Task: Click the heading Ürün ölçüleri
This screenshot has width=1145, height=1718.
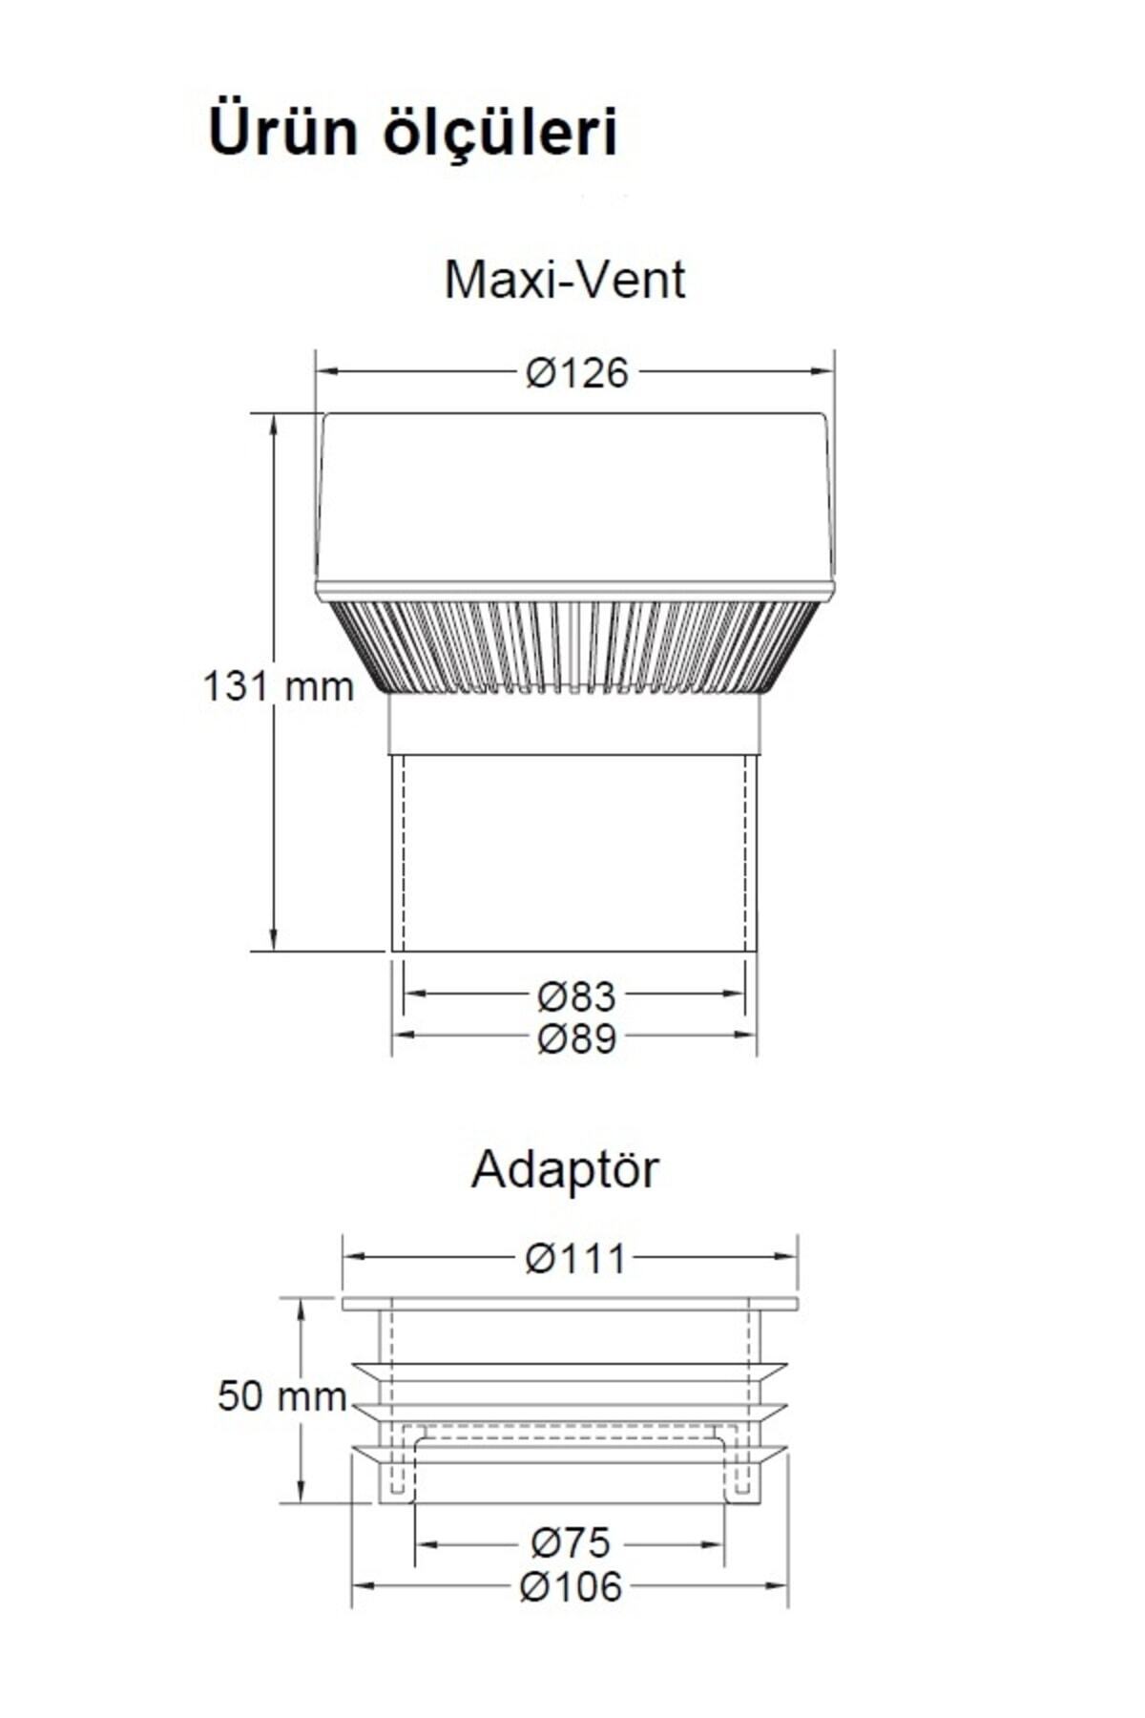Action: (x=412, y=132)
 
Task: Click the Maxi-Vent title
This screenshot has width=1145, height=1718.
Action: (x=565, y=281)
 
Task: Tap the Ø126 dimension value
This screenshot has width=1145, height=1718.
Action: (x=576, y=373)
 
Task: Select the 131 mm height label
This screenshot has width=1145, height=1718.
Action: (x=278, y=686)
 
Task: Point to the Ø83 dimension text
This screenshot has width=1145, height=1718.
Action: (x=576, y=996)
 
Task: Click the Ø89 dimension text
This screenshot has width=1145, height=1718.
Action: (x=576, y=1037)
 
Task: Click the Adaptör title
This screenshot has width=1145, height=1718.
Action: (x=565, y=1169)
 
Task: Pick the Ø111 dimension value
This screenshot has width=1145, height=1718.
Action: (x=576, y=1259)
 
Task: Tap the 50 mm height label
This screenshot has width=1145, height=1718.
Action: (x=281, y=1397)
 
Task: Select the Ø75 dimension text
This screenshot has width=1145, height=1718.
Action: (x=570, y=1541)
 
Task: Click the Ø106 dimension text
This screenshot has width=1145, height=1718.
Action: (x=570, y=1586)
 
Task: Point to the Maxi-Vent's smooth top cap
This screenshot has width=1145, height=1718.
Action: (x=575, y=496)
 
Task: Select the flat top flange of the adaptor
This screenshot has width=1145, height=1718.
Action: (x=570, y=1303)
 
